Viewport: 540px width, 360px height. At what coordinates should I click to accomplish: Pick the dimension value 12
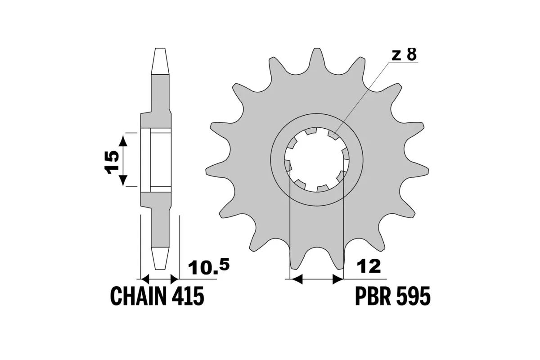click(x=369, y=266)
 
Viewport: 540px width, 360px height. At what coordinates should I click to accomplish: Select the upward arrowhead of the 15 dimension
click(x=123, y=140)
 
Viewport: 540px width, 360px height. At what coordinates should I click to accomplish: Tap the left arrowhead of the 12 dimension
click(x=295, y=279)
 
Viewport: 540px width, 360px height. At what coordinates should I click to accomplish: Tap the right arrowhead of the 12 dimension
click(x=337, y=279)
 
